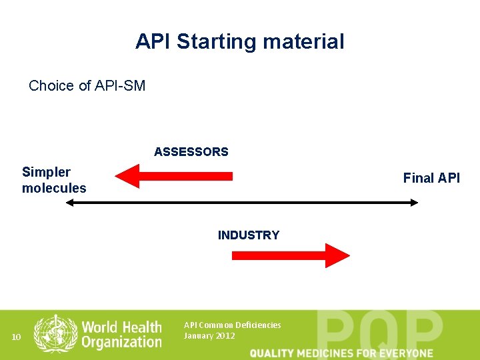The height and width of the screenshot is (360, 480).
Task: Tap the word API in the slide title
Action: coord(154,42)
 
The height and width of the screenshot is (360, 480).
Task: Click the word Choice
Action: coord(51,86)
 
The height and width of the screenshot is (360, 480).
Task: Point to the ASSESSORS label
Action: coord(191,152)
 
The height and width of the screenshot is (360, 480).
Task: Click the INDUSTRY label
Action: coord(249,235)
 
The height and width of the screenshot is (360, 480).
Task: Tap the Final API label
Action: coord(431,178)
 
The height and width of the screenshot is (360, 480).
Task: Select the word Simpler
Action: coord(46,172)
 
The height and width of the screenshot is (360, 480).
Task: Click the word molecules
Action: coord(54,188)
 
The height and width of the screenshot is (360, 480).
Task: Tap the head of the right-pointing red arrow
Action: coord(337,255)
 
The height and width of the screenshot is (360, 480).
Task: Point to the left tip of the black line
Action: coord(67,202)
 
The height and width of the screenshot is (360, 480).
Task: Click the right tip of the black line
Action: coord(417,202)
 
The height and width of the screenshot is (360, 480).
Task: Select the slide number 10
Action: coord(17,337)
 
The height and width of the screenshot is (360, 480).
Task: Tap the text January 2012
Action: coord(209,336)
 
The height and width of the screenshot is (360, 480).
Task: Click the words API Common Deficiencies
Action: coord(232,325)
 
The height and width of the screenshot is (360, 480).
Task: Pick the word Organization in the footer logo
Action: coord(122,342)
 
